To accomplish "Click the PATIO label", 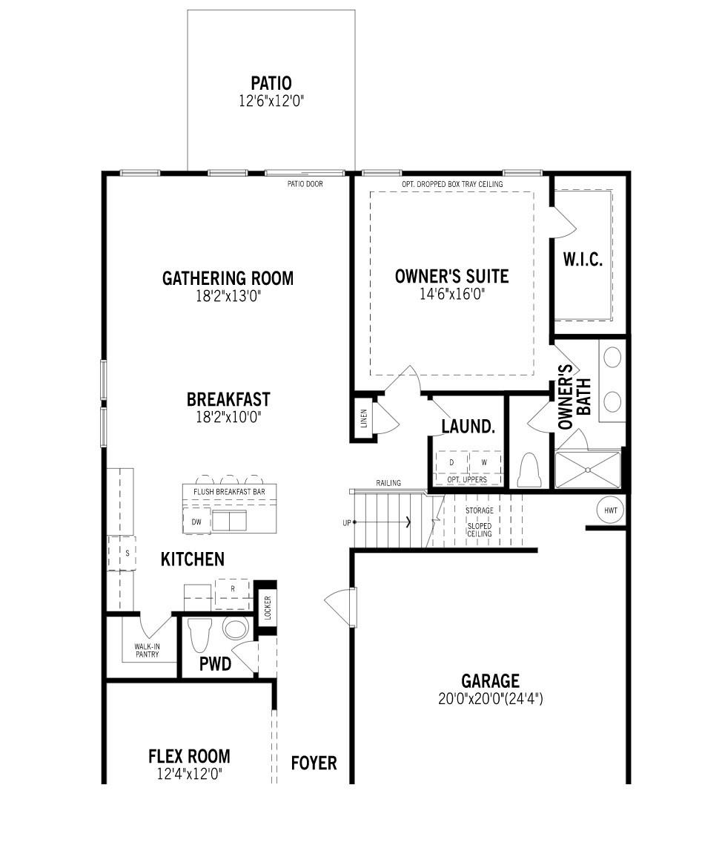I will point(271,83).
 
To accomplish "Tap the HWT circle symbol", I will point(610,510).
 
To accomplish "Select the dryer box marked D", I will point(451,462).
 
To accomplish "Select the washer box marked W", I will point(484,462).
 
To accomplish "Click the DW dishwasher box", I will point(196,522).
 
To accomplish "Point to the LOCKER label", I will point(268,608).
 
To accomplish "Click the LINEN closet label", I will point(363,420).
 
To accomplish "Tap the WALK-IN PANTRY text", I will point(147,650).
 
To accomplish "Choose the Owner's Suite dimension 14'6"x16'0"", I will point(451,294).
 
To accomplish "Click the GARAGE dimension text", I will point(490,698).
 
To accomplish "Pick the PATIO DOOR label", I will point(305,184).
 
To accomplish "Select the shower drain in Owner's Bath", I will point(589,469).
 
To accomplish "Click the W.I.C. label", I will point(582,260).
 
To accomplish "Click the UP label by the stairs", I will point(346,522).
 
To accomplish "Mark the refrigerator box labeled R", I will point(233,588).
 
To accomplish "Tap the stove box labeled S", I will point(127,553).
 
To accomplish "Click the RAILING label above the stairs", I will point(388,483).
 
